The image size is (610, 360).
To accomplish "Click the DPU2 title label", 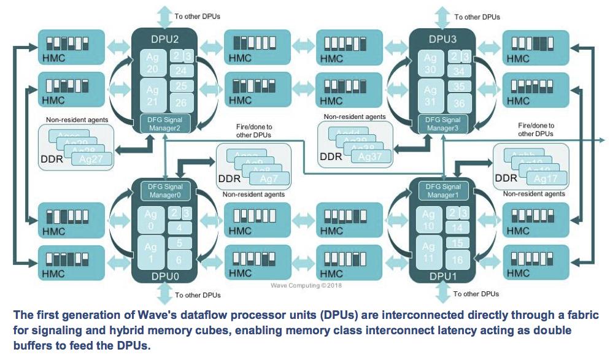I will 165,40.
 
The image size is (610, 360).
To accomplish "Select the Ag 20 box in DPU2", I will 153,63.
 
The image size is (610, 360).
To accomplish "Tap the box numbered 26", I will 181,102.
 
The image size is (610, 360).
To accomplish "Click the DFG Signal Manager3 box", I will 442,123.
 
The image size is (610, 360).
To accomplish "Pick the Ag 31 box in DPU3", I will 430,95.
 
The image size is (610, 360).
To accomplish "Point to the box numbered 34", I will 459,71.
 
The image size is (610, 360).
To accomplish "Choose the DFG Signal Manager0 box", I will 165,191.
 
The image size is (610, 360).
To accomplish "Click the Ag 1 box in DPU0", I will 151,251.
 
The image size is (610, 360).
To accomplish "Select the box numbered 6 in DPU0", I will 180,259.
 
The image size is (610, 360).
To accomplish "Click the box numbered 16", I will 457,259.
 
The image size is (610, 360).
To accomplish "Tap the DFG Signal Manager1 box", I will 442,191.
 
